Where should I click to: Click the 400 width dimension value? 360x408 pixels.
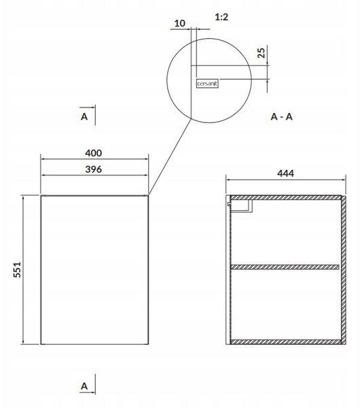click(x=93, y=153)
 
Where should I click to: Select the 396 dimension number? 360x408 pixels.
click(x=93, y=169)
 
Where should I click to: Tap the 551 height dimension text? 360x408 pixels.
click(x=17, y=269)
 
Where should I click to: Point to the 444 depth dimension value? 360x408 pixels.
click(x=285, y=173)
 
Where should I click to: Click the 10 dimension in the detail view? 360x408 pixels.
click(x=179, y=23)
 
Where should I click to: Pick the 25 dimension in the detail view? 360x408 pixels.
click(x=262, y=53)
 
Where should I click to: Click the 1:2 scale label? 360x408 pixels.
click(x=221, y=17)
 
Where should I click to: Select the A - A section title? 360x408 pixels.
click(x=281, y=117)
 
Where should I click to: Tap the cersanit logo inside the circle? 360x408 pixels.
click(x=207, y=84)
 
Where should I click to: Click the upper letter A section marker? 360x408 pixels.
click(x=84, y=116)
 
